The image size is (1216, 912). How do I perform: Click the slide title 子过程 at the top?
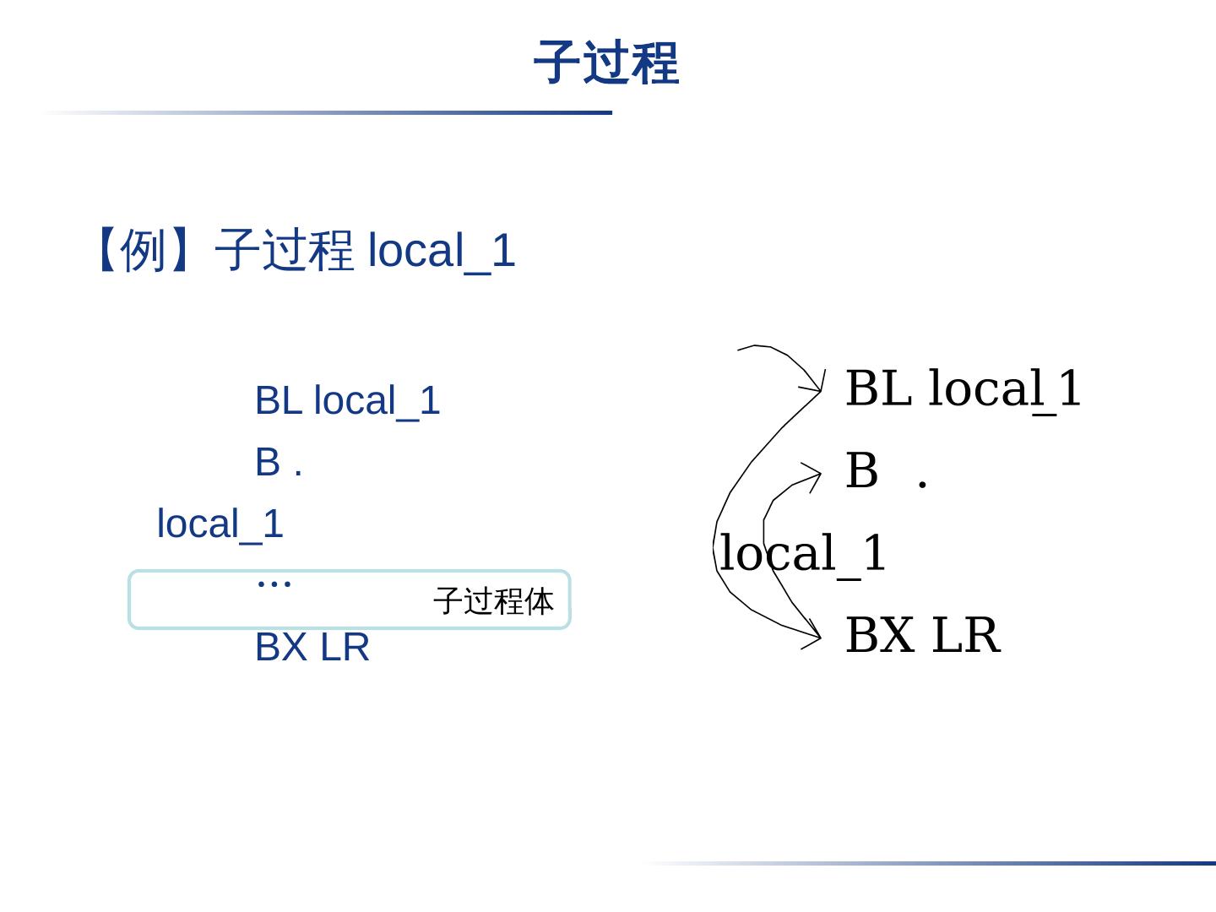click(x=605, y=62)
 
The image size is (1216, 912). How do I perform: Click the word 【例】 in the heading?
click(x=143, y=250)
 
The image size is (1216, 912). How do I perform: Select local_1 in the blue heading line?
click(x=442, y=251)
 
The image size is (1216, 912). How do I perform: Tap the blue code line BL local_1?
click(x=347, y=400)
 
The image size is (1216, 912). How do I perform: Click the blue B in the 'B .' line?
click(x=267, y=462)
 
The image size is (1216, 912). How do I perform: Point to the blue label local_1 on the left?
click(x=220, y=524)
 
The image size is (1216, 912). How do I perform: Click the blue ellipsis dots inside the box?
click(x=274, y=581)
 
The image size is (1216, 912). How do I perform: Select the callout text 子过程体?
click(x=493, y=601)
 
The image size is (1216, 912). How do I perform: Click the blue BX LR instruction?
click(x=312, y=648)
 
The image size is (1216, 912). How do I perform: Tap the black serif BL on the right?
click(x=878, y=388)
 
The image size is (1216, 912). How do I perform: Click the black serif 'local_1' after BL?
click(x=1005, y=388)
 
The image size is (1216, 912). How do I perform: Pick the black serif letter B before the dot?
click(x=861, y=470)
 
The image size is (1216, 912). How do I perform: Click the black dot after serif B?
click(x=922, y=484)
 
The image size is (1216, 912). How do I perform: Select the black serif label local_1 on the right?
click(x=802, y=553)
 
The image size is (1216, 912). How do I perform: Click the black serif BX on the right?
click(x=879, y=635)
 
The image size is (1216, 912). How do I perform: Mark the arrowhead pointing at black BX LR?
click(x=814, y=635)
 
